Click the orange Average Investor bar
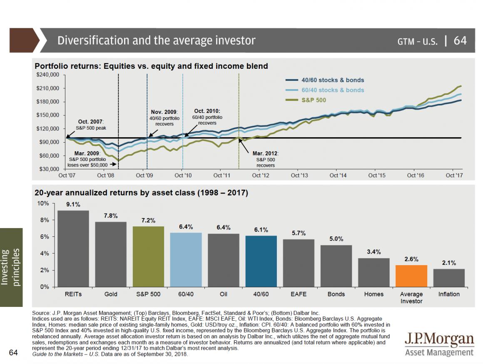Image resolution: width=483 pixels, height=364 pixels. click(411, 276)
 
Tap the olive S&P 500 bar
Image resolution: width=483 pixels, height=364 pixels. click(148, 256)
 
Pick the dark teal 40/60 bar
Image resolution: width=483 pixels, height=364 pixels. click(261, 261)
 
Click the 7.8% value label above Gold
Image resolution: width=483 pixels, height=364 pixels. click(110, 216)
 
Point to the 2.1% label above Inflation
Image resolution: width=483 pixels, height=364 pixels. click(449, 263)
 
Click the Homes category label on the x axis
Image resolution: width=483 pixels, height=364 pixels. click(373, 294)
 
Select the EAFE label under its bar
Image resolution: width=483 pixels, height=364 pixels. click(299, 294)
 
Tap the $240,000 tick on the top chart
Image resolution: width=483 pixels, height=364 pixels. click(49, 75)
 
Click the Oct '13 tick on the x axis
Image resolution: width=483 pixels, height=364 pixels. click(299, 176)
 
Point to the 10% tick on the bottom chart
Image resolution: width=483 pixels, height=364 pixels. click(44, 203)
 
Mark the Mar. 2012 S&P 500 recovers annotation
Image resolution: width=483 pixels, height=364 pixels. click(265, 159)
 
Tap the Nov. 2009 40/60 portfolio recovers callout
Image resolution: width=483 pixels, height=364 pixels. click(164, 118)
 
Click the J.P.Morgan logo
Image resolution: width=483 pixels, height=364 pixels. click(439, 344)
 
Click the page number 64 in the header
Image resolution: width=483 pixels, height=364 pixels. click(460, 40)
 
